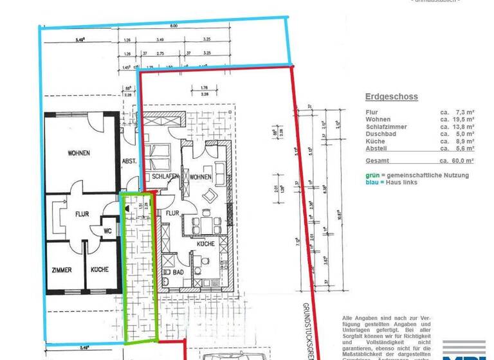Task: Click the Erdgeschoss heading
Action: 391,97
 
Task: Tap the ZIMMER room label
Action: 61,270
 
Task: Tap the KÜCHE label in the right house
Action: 205,244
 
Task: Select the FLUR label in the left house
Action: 82,214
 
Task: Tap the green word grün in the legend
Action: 372,175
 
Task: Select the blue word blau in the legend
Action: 372,183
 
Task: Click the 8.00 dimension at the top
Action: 174,26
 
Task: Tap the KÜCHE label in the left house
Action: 99,270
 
